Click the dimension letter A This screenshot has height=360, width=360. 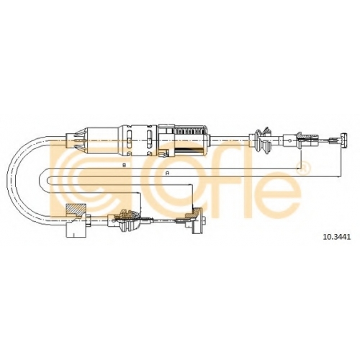[x=168, y=173]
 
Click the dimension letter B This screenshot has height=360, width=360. [x=124, y=165]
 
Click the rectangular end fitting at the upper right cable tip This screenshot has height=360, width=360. [x=344, y=140]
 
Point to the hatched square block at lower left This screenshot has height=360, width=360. [x=76, y=210]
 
